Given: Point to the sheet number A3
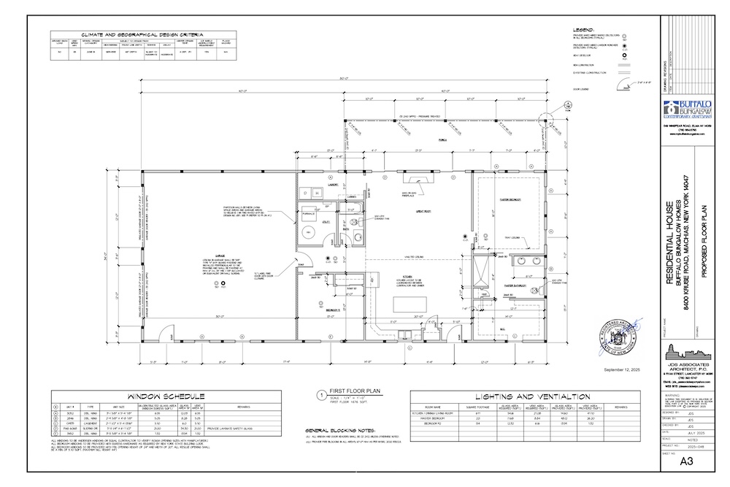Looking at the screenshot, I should coord(685,461).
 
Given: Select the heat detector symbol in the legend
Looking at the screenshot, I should coord(624,54).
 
